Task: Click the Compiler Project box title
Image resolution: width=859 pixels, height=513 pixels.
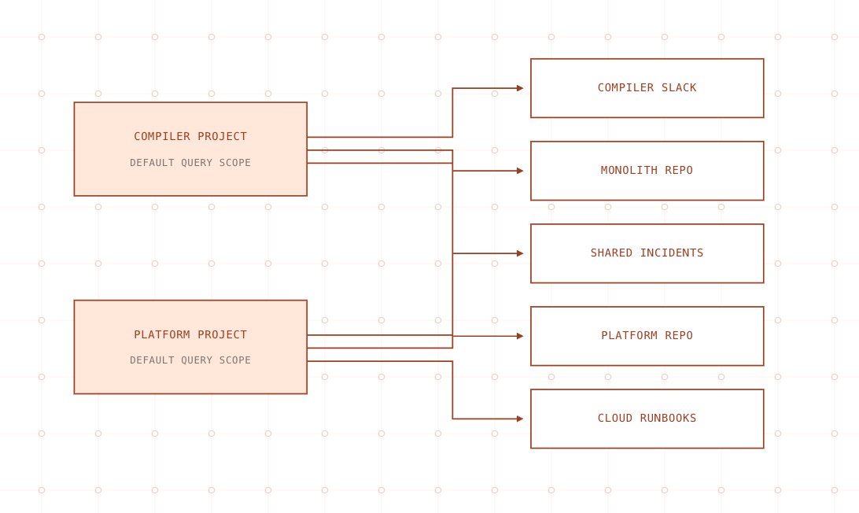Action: [x=190, y=136]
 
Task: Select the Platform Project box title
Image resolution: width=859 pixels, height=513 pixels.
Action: [x=190, y=334]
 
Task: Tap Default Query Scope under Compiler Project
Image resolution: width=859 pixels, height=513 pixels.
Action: [x=190, y=163]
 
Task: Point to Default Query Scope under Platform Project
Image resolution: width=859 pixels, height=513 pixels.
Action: [x=190, y=360]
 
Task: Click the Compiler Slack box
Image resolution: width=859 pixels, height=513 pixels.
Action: [x=647, y=88]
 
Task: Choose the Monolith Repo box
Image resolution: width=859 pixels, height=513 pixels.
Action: [x=647, y=171]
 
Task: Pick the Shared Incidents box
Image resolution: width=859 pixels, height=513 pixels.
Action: [x=647, y=253]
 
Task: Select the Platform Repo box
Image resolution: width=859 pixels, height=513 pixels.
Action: [x=647, y=336]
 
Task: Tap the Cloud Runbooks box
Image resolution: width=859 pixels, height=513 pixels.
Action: [x=647, y=419]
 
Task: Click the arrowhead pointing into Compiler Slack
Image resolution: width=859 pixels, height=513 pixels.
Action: [x=520, y=88]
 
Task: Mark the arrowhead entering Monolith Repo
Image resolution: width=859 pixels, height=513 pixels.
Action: [x=520, y=171]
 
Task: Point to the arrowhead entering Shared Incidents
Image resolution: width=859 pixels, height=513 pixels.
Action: [x=520, y=253]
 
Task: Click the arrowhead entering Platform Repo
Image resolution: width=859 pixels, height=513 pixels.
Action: [x=520, y=336]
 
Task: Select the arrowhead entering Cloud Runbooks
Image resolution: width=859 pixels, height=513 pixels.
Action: [x=520, y=419]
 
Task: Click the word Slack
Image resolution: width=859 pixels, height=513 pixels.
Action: [x=679, y=87]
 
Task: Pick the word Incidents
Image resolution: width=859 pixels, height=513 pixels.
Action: [x=672, y=253]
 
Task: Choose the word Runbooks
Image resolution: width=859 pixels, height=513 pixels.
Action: [x=668, y=418]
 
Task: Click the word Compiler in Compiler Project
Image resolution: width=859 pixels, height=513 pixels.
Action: [x=162, y=136]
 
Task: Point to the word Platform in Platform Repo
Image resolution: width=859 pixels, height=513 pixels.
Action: [x=629, y=335]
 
